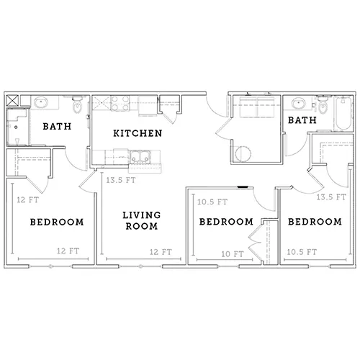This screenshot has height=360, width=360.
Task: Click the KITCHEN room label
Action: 138,133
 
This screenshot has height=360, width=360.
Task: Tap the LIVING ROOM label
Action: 142,220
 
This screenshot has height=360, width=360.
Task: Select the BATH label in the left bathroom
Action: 57,126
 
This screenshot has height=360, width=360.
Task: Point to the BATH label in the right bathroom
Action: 302,120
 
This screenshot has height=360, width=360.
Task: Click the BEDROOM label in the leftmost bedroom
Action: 57,222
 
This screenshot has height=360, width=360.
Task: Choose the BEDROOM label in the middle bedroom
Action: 226,222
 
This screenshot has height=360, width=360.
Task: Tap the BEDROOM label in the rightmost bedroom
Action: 315,222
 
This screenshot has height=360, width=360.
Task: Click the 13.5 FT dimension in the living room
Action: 121,180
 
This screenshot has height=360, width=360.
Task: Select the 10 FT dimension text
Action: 233,254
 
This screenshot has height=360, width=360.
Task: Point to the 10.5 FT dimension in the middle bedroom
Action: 212,202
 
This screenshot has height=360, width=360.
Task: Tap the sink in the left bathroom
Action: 41,102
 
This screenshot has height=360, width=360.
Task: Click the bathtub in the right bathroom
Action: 343,113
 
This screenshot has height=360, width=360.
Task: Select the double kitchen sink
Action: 140,156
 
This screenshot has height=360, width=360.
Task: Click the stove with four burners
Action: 120,104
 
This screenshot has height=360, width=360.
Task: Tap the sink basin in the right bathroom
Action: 299,104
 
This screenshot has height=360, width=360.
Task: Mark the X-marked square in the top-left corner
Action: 12,101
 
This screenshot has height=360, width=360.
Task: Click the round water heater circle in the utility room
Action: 243,154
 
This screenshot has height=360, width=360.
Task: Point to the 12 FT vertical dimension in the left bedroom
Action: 27,199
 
